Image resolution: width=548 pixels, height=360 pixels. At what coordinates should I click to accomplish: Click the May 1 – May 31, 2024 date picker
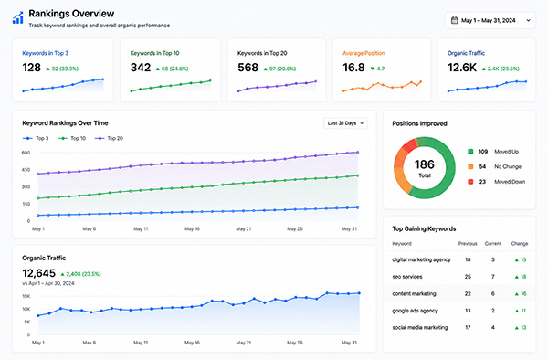(490, 21)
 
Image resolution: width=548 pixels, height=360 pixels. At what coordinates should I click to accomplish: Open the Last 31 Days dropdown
(345, 123)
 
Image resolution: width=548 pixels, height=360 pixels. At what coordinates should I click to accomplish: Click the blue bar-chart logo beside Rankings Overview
(18, 18)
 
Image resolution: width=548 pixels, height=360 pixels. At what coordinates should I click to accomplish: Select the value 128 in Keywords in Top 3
(31, 68)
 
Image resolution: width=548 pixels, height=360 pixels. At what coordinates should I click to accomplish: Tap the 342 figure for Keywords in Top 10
(141, 68)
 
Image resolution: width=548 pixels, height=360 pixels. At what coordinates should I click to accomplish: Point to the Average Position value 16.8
(353, 68)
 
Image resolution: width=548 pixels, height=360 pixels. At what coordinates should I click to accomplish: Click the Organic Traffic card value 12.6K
(462, 68)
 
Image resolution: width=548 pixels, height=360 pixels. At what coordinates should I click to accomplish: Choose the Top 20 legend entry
(109, 138)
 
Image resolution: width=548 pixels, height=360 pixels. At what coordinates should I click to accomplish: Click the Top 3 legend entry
(36, 138)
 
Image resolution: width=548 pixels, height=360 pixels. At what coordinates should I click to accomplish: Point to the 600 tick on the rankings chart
(26, 153)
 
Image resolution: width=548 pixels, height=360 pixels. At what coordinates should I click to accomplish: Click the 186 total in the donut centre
(425, 164)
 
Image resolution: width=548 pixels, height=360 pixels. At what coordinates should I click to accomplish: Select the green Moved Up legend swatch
(470, 152)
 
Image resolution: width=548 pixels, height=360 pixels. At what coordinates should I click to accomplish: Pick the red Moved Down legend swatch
(470, 182)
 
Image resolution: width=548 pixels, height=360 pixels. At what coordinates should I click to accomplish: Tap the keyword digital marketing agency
(421, 259)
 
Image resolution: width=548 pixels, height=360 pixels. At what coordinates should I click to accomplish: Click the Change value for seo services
(521, 277)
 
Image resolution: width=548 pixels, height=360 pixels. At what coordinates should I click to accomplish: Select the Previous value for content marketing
(468, 293)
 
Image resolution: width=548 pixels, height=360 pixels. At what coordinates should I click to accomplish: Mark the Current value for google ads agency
(493, 311)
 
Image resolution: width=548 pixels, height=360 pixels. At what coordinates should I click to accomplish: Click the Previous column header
(468, 244)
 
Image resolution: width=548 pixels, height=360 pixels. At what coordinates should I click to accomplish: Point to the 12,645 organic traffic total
(38, 273)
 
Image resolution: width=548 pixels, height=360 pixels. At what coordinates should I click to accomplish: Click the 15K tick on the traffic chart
(26, 296)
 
